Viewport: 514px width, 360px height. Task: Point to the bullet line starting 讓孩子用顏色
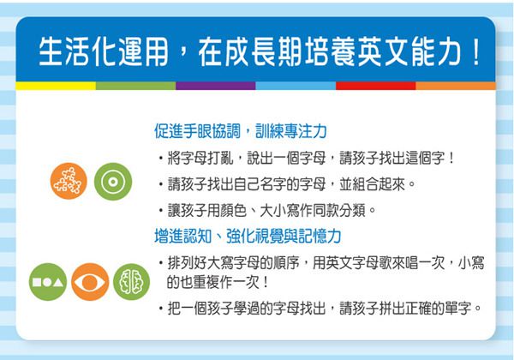271,209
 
